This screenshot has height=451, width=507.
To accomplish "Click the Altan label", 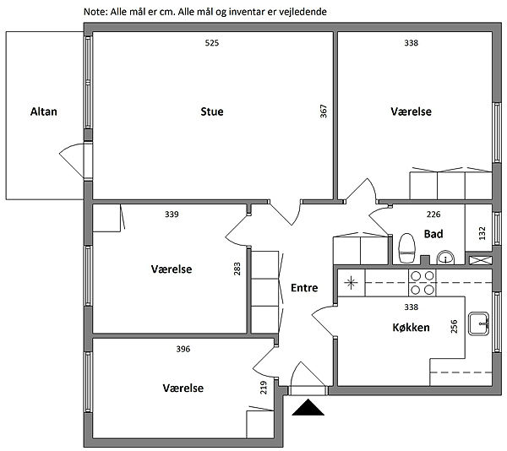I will click(43, 111).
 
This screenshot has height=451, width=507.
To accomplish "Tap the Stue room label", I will click(212, 111).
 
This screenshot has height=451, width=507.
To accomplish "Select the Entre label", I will click(304, 288).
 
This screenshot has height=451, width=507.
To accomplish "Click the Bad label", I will click(433, 234).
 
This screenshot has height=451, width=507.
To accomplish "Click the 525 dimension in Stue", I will click(212, 43).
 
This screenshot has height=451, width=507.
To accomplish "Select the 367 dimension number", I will click(323, 112).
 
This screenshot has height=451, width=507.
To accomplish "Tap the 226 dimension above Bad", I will click(433, 215).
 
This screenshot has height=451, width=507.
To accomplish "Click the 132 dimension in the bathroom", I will click(482, 231).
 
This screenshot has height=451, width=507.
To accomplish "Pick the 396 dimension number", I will click(183, 348).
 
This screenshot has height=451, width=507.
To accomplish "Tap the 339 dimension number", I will click(172, 215).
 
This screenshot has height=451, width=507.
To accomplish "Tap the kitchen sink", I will click(481, 320).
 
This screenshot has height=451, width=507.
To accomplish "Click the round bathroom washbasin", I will click(445, 258).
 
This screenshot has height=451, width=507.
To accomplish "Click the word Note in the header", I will click(95, 13).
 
